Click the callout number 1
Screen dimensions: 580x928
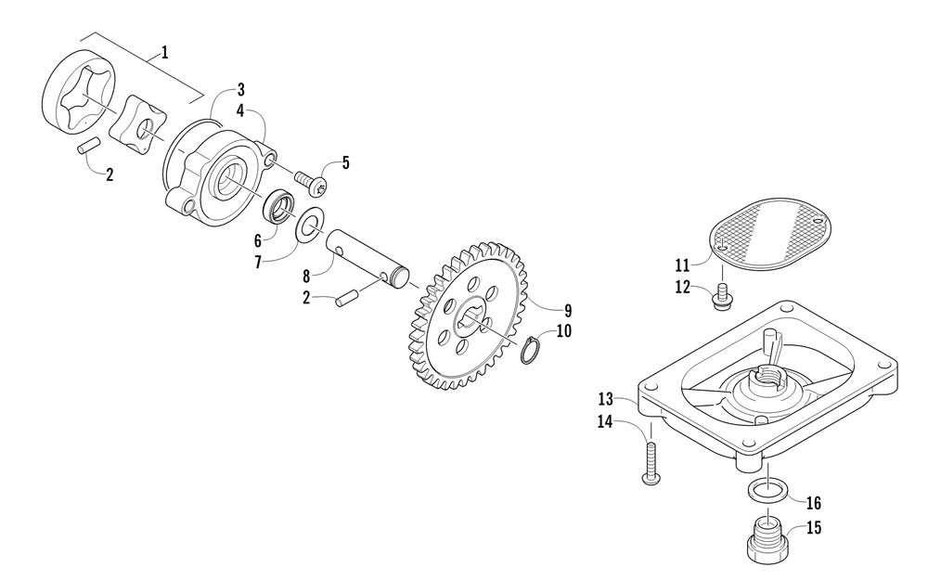pos(165,53)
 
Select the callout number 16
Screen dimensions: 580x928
pos(813,503)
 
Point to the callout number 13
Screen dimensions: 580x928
pos(606,399)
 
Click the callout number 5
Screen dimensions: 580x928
pos(345,163)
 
